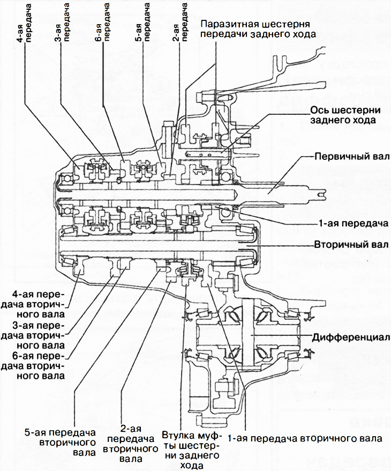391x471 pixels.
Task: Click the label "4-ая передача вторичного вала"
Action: (37, 304)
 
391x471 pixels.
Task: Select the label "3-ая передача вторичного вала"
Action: (37, 335)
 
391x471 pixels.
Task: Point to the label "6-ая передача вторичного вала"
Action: (37, 366)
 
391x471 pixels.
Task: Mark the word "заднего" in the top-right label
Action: (287, 34)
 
